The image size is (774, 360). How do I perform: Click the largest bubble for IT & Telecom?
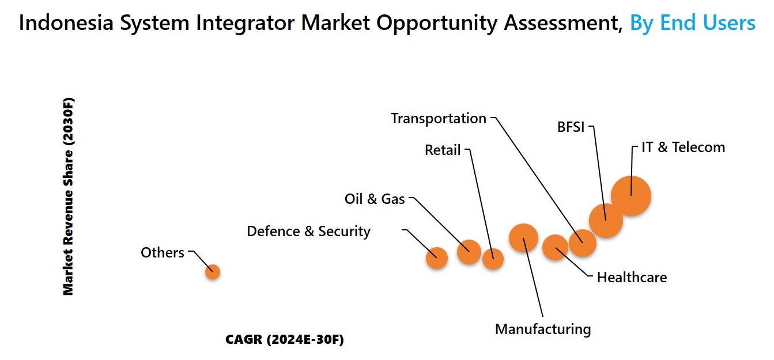tap(631, 196)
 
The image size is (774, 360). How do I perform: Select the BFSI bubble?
tap(606, 221)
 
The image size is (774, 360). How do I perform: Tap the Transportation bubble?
tap(583, 243)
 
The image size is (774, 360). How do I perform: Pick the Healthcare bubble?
tap(555, 247)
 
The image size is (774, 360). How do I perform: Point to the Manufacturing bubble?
tap(523, 238)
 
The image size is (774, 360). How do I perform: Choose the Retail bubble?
tap(493, 259)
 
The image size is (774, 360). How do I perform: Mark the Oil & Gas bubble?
tap(469, 252)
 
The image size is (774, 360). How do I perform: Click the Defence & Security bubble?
tap(437, 258)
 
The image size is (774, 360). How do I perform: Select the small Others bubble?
tap(213, 272)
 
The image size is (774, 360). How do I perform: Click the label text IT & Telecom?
tap(683, 147)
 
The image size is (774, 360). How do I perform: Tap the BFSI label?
tap(571, 127)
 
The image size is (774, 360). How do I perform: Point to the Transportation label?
tap(439, 119)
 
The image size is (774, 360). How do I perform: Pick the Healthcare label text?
tap(632, 278)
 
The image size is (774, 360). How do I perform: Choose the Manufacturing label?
tap(543, 329)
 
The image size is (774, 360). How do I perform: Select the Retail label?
tap(442, 150)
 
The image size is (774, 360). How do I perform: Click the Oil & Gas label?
tap(375, 199)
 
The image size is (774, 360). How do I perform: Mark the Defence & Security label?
tap(308, 232)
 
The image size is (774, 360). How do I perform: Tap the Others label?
tap(163, 252)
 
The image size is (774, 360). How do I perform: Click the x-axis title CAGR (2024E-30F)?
tap(285, 340)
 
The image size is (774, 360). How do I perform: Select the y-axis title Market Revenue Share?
tap(68, 196)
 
